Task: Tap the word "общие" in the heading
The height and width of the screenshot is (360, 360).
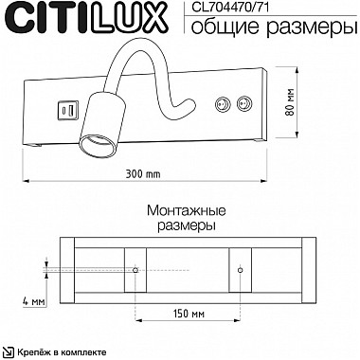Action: (x=212, y=27)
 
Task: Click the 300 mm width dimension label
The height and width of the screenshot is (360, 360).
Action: (x=141, y=174)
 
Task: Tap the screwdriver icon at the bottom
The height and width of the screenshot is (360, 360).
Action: (x=13, y=351)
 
